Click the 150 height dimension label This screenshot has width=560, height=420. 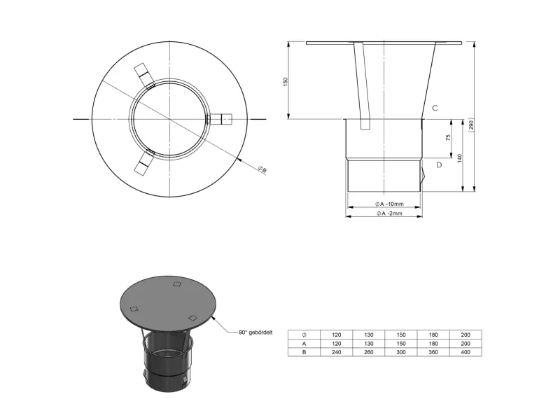click(x=285, y=82)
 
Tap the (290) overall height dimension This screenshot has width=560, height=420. click(x=471, y=125)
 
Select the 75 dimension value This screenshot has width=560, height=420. click(x=448, y=137)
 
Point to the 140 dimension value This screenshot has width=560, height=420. click(x=460, y=158)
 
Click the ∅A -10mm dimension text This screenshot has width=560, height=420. click(x=389, y=204)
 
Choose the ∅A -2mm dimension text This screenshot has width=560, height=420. click(x=389, y=213)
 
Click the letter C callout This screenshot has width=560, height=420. click(x=435, y=108)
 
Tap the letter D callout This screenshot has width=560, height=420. click(x=439, y=165)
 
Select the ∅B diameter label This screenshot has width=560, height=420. click(x=262, y=169)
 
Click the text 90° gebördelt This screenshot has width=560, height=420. click(x=255, y=332)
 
